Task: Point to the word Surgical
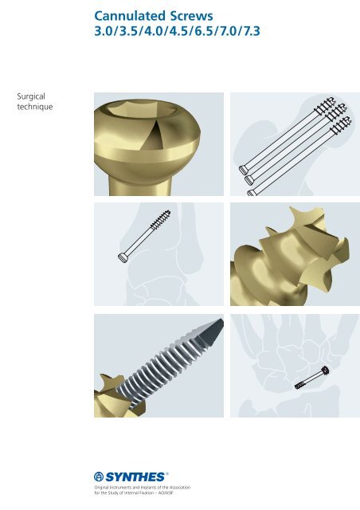click(31, 96)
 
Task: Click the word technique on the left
click(35, 107)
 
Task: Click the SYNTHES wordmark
click(135, 477)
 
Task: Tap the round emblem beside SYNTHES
click(99, 477)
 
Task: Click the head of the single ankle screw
click(123, 258)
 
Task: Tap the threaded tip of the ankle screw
click(161, 218)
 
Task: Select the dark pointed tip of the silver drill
click(212, 331)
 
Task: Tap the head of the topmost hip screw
click(243, 170)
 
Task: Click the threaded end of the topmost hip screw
click(325, 104)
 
